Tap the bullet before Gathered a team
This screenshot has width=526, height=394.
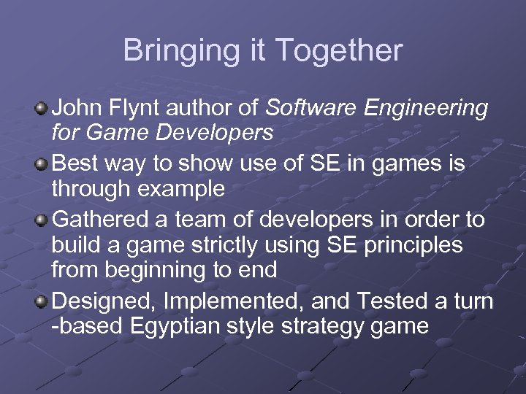[43, 218]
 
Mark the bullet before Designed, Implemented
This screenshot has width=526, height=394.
[43, 299]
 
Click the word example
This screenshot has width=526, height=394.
[186, 190]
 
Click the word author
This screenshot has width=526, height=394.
[210, 109]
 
